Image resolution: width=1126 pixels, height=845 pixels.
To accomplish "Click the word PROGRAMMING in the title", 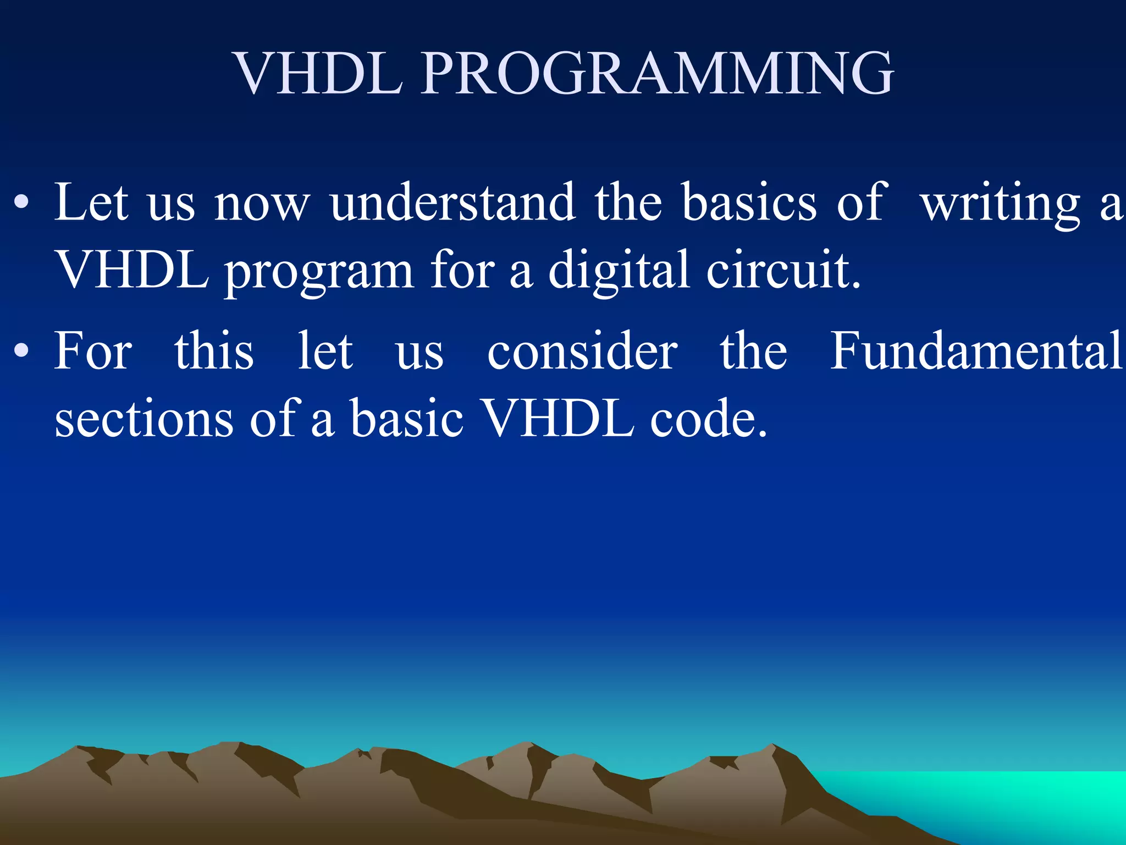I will click(658, 74).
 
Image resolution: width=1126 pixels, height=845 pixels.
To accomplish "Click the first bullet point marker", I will click(21, 204).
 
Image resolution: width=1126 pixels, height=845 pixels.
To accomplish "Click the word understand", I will click(453, 202).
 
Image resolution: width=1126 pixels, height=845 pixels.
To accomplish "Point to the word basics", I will click(749, 202).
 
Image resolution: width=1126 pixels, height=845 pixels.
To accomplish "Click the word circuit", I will click(783, 270).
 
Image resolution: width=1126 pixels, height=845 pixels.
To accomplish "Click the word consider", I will click(583, 351).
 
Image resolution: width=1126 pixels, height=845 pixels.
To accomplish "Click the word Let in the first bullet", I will click(91, 202).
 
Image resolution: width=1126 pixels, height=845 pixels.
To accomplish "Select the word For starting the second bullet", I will click(93, 351).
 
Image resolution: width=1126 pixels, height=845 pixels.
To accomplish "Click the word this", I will click(214, 351).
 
